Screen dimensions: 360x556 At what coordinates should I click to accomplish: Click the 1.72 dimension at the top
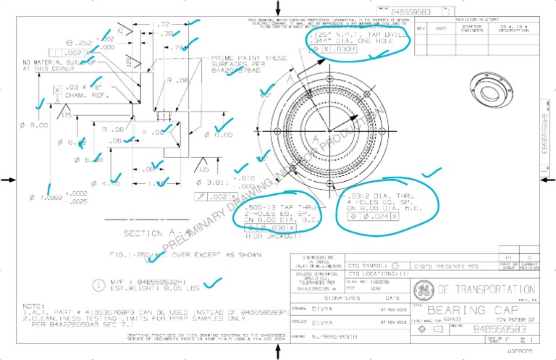click(161, 24)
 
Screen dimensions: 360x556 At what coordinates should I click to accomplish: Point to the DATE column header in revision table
click(441, 28)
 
